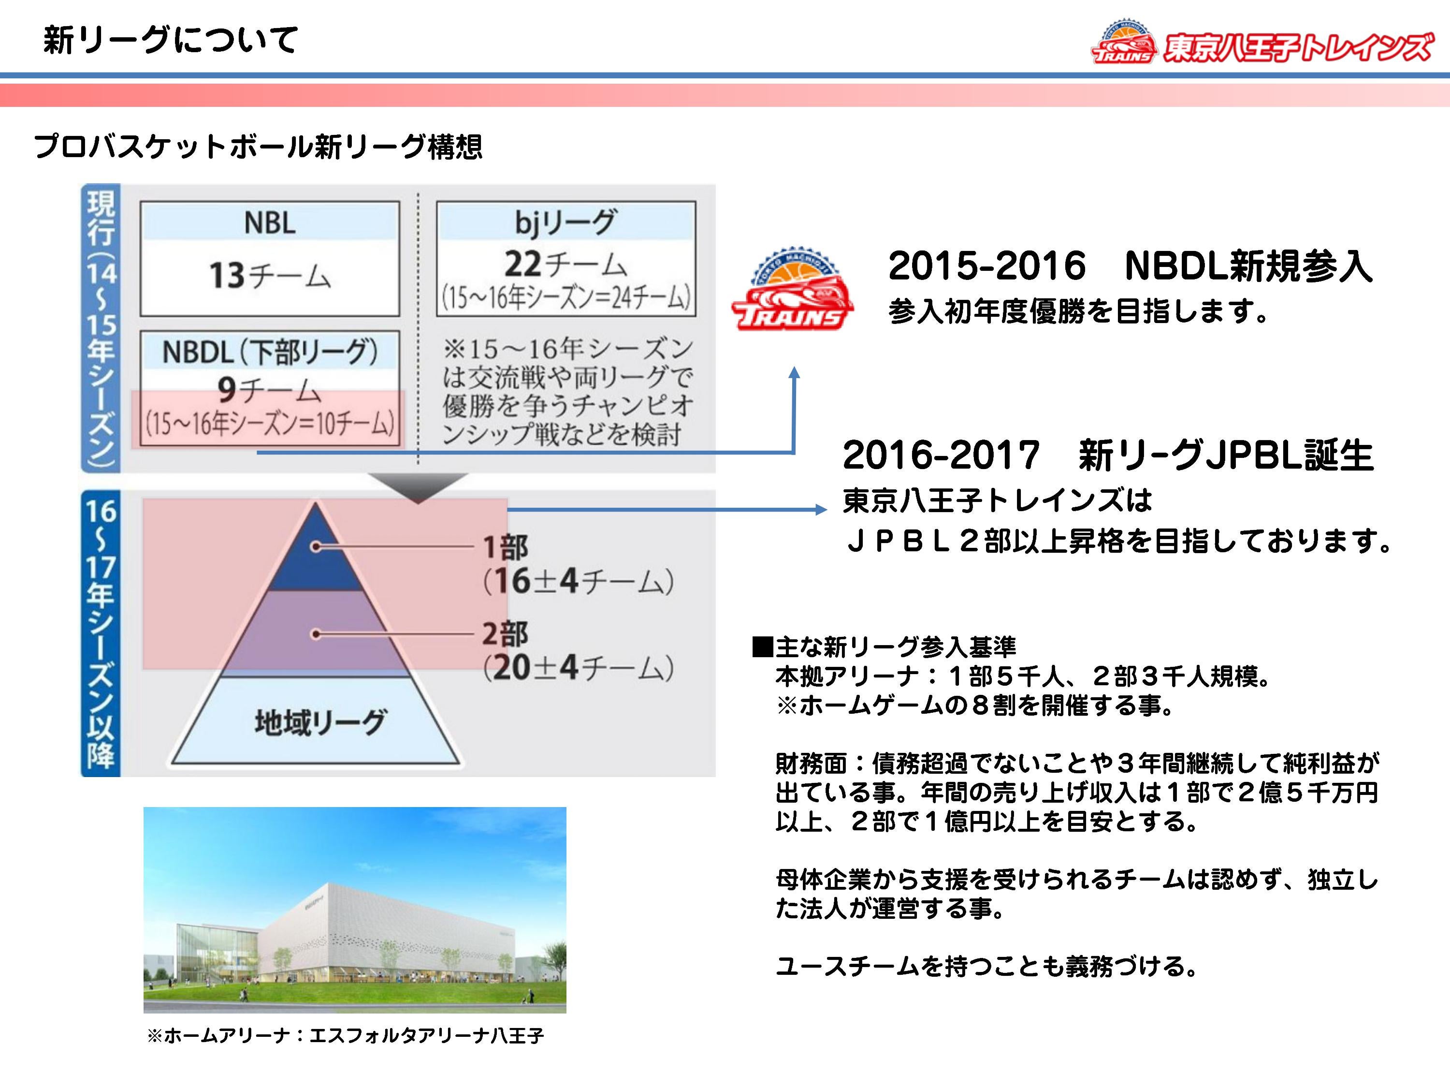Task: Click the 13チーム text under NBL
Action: click(269, 276)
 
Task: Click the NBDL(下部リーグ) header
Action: click(269, 352)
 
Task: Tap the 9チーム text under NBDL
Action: click(269, 390)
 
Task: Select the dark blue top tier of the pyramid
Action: click(315, 554)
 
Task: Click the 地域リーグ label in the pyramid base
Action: click(320, 721)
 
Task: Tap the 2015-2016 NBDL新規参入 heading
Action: click(1130, 265)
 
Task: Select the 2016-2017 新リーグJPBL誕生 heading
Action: click(1108, 455)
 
